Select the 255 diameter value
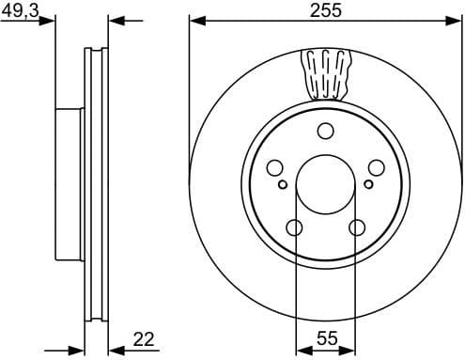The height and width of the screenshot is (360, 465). coord(325,10)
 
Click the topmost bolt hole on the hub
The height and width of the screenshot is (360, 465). coord(325,131)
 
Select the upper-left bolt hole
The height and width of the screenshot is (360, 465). coord(274,168)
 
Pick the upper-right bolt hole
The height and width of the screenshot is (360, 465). coord(376,168)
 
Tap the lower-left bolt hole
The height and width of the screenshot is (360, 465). coord(294,227)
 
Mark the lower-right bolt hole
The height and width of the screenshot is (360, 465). coord(356,227)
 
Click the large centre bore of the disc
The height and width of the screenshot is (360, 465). coord(325,184)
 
